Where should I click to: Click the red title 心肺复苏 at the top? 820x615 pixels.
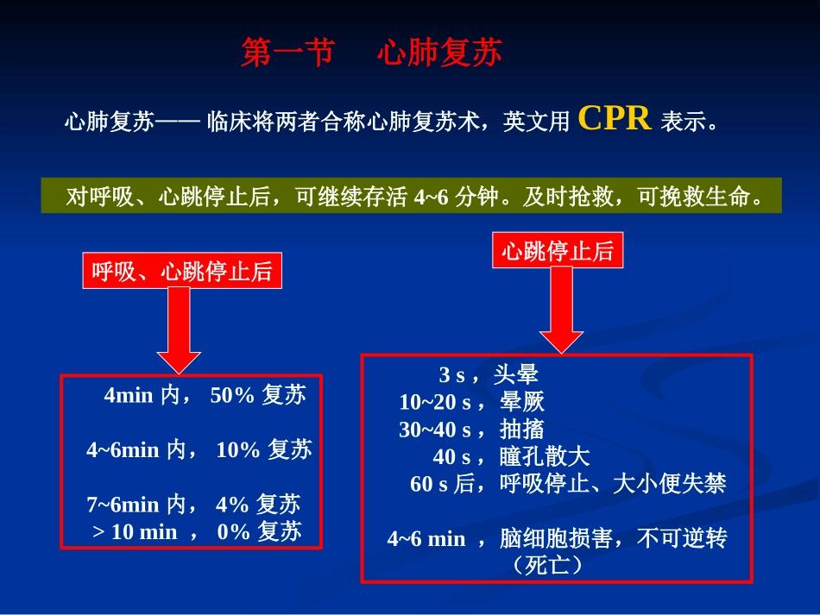click(438, 53)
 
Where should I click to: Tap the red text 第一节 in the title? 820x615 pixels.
click(287, 53)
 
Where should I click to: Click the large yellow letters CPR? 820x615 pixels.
click(614, 118)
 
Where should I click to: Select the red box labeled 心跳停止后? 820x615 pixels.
click(557, 251)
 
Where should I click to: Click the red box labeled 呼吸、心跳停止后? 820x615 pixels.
click(182, 273)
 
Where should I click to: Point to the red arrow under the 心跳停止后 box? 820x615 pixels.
click(561, 310)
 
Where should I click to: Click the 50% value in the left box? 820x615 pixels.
click(232, 396)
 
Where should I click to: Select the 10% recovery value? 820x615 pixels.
click(238, 449)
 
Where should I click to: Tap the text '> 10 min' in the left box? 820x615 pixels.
click(134, 531)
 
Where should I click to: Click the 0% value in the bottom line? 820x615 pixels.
click(233, 531)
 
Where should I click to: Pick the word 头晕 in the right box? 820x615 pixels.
click(516, 374)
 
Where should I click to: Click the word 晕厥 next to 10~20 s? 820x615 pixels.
click(522, 402)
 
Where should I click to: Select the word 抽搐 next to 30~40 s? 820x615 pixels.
click(522, 429)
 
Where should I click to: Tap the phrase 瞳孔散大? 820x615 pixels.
click(545, 456)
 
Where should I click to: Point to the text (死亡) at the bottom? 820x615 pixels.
click(546, 566)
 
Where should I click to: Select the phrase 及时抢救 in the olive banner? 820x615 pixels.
click(570, 198)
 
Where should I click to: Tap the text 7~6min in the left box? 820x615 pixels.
click(123, 505)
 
